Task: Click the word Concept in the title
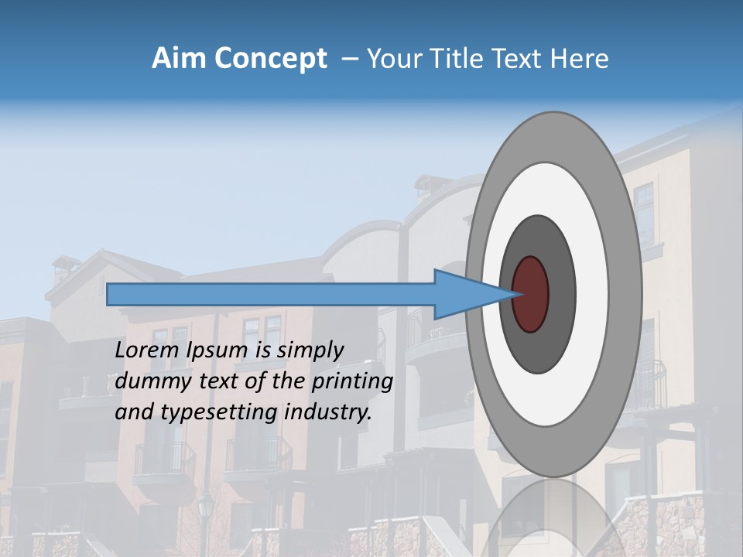pyautogui.click(x=270, y=59)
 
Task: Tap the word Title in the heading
pyautogui.click(x=457, y=59)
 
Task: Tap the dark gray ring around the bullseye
pyautogui.click(x=561, y=294)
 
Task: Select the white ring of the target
pyautogui.click(x=592, y=294)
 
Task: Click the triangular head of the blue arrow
pyautogui.click(x=464, y=294)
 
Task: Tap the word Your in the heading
pyautogui.click(x=392, y=59)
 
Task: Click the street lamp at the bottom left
pyautogui.click(x=205, y=511)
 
